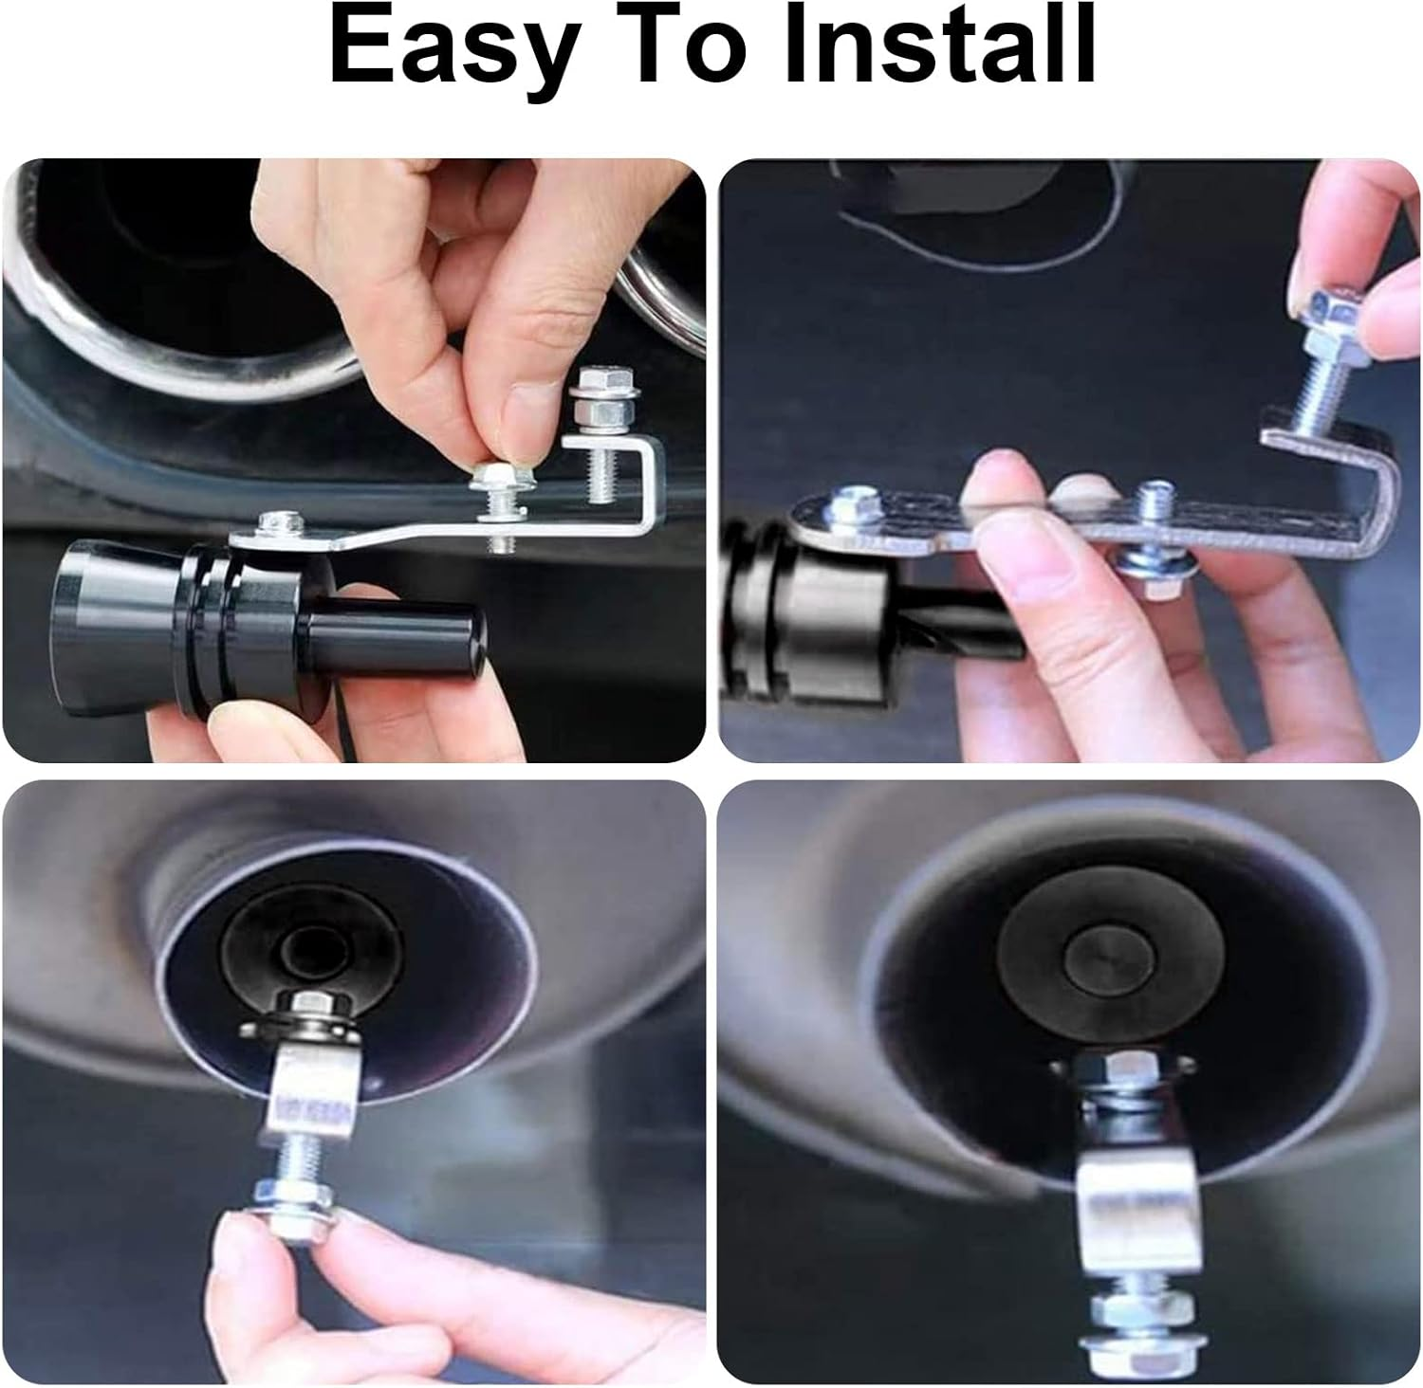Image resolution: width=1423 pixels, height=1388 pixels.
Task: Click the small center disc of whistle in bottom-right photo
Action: (x=1100, y=958)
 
